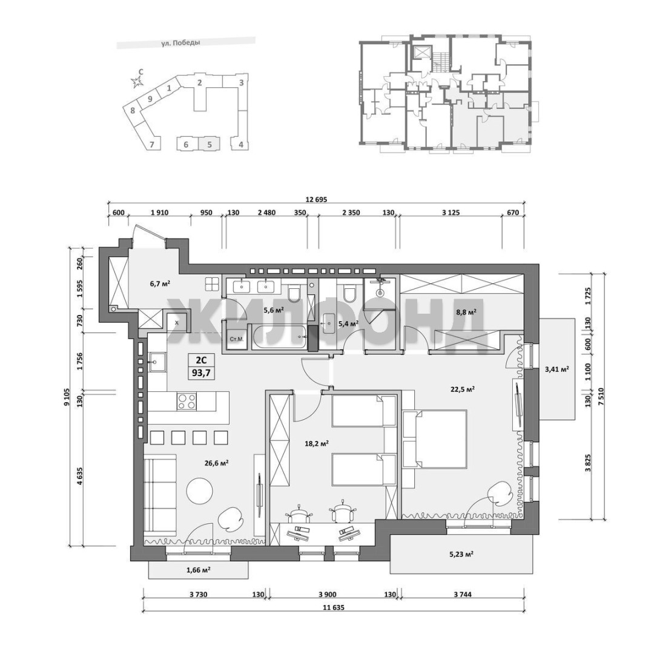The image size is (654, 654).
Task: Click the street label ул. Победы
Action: coord(180,42)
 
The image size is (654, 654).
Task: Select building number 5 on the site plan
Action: coord(210,145)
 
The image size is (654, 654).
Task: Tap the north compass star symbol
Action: coord(136,82)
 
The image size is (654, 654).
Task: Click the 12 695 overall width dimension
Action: coord(316,199)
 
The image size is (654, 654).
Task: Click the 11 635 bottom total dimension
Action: coord(333,607)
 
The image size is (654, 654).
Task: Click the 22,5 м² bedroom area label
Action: coord(463,389)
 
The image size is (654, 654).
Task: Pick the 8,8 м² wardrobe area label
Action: coord(466,311)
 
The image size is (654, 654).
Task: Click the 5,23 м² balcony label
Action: coord(461,554)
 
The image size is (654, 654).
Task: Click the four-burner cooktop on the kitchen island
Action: coord(187,401)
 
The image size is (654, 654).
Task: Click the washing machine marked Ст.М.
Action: coord(237,339)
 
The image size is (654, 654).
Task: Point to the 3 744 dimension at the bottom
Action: coord(463,594)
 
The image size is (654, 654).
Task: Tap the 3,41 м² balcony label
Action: coord(557,369)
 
